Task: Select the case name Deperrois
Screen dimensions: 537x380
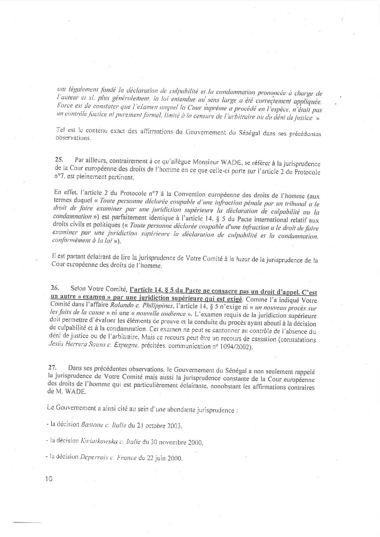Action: click(94, 458)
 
